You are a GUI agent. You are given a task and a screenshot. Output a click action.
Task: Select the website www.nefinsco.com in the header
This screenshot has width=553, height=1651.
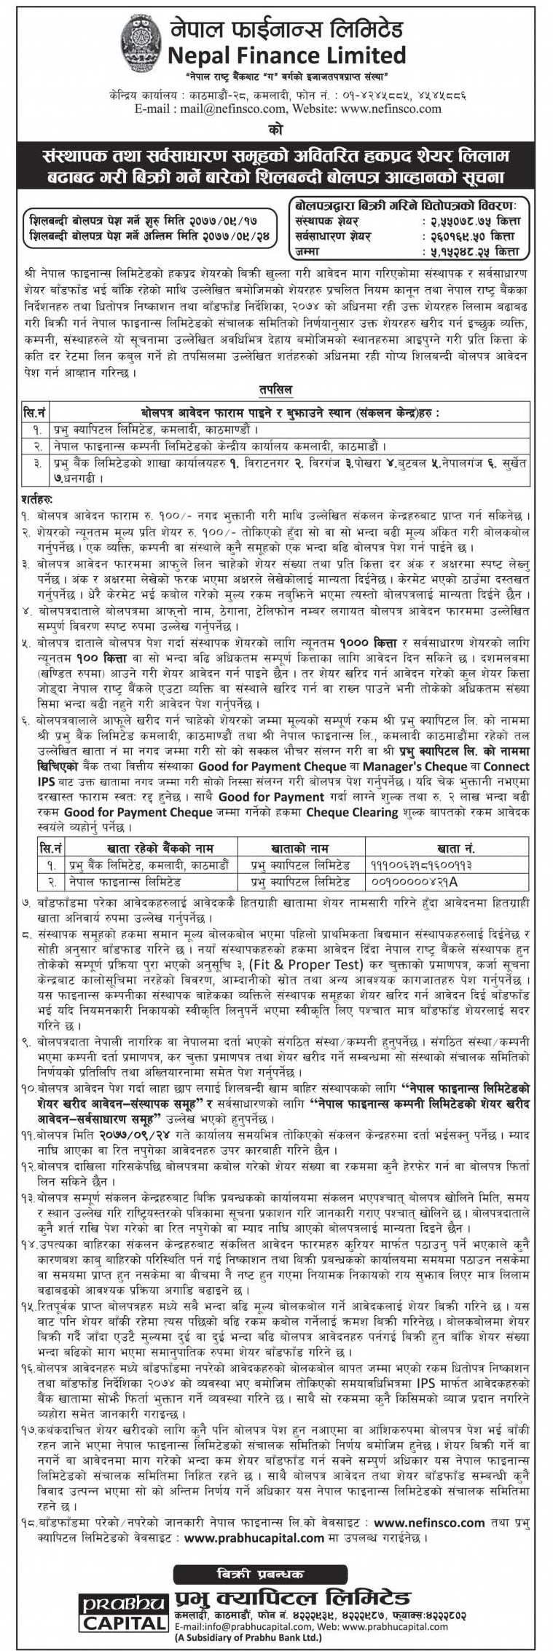pyautogui.click(x=391, y=109)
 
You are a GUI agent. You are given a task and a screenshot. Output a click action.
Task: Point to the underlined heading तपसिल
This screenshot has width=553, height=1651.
pyautogui.click(x=275, y=390)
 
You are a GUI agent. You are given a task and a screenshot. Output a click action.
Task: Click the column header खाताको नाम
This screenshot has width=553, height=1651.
pyautogui.click(x=297, y=848)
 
